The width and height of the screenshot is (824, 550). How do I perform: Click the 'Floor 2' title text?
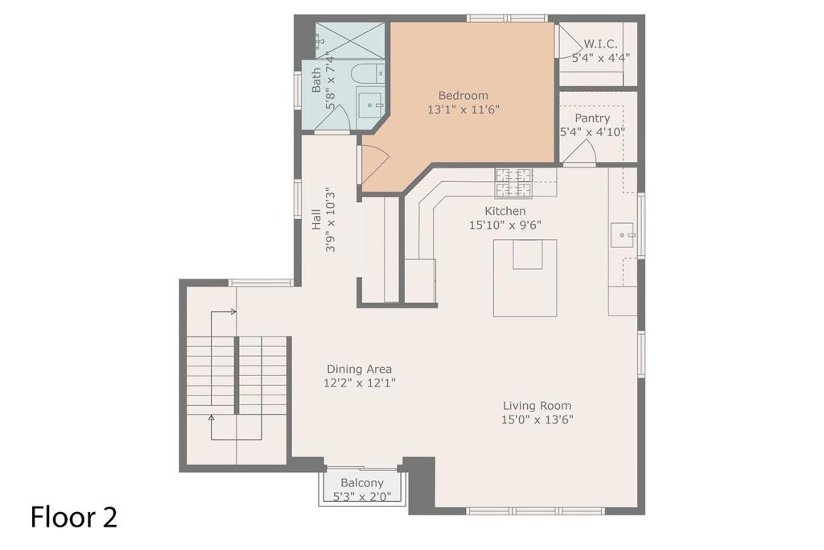pyautogui.click(x=74, y=517)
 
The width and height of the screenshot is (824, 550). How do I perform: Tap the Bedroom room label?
pyautogui.click(x=463, y=95)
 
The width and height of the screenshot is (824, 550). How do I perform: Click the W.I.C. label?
pyautogui.click(x=600, y=43)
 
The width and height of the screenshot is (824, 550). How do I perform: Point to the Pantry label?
pyautogui.click(x=591, y=118)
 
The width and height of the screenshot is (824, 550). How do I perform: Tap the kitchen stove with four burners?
pyautogui.click(x=513, y=183)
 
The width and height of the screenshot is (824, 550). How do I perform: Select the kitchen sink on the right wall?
pyautogui.click(x=622, y=235)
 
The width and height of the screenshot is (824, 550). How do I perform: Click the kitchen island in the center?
pyautogui.click(x=525, y=278)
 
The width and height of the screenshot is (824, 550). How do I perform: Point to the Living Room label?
pyautogui.click(x=537, y=406)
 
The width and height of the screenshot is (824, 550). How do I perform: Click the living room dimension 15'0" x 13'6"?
pyautogui.click(x=537, y=420)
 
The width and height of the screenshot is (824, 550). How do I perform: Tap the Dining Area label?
pyautogui.click(x=359, y=370)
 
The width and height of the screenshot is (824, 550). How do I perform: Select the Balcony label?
pyautogui.click(x=361, y=482)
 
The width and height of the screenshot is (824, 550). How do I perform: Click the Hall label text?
pyautogui.click(x=316, y=220)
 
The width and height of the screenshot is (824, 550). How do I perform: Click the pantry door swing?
pyautogui.click(x=580, y=153)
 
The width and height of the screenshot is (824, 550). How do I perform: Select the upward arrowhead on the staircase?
pyautogui.click(x=212, y=417)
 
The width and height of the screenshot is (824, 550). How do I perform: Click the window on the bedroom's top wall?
pyautogui.click(x=507, y=18)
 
